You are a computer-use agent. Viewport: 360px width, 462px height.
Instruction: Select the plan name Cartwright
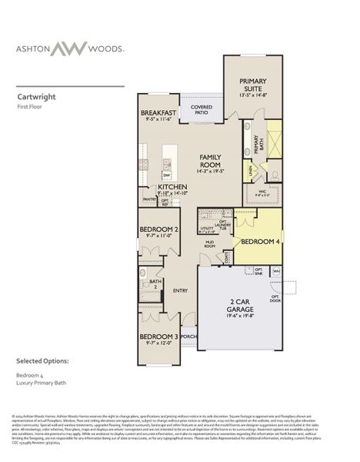[x=35, y=98]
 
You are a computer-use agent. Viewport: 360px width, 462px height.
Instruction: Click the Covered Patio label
[x=202, y=109]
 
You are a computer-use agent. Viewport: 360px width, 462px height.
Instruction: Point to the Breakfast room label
[x=159, y=113]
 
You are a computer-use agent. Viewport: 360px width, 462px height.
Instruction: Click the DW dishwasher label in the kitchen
[x=165, y=176]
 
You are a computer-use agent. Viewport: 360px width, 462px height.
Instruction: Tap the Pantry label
[x=148, y=199]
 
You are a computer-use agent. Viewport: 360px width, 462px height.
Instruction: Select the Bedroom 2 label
[x=158, y=229]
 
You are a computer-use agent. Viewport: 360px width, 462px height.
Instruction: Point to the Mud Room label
[x=208, y=244]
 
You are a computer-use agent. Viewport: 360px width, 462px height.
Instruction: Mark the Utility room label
[x=206, y=228]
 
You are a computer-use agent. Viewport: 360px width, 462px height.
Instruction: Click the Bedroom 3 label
[x=158, y=336]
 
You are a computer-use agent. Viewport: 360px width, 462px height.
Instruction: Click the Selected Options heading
[x=43, y=360]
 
